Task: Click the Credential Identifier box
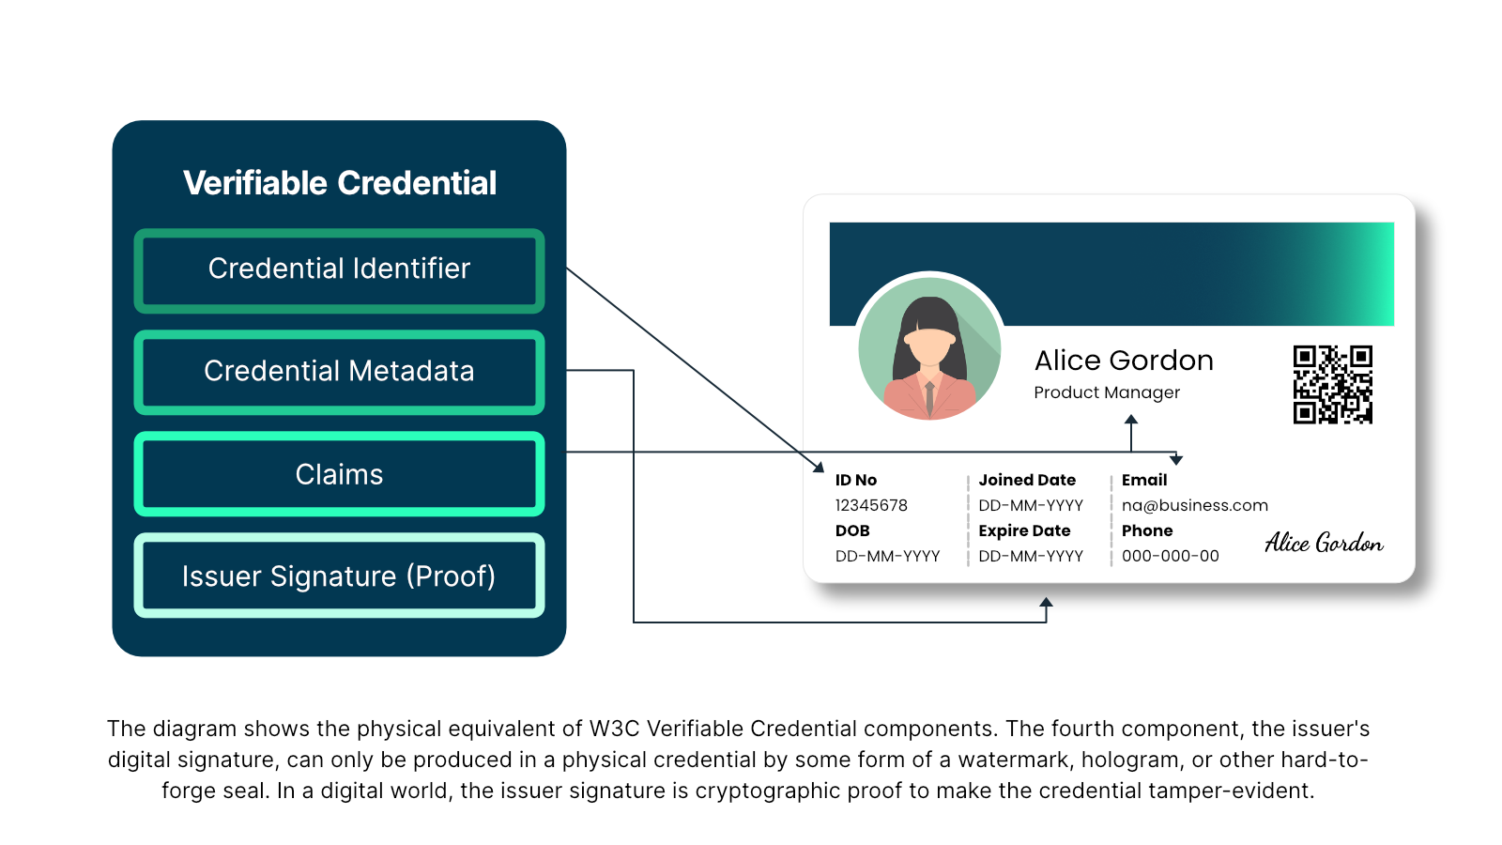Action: click(339, 269)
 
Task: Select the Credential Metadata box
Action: click(339, 372)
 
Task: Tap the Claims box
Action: click(339, 474)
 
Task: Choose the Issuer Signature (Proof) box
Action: click(339, 576)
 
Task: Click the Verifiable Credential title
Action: click(339, 183)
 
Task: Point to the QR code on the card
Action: click(1332, 384)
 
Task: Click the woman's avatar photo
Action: click(929, 347)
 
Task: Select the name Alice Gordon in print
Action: click(1124, 361)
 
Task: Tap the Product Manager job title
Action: click(1107, 392)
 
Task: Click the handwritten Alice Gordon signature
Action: click(1323, 543)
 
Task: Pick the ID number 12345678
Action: click(871, 505)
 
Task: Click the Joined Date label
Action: click(1027, 480)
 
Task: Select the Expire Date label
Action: click(1024, 530)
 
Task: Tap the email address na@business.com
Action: click(1194, 505)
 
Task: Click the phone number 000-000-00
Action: click(1170, 556)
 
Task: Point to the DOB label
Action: click(852, 530)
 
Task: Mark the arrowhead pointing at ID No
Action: click(819, 467)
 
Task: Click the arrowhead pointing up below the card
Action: click(1046, 603)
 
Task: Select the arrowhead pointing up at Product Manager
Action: click(1131, 420)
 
